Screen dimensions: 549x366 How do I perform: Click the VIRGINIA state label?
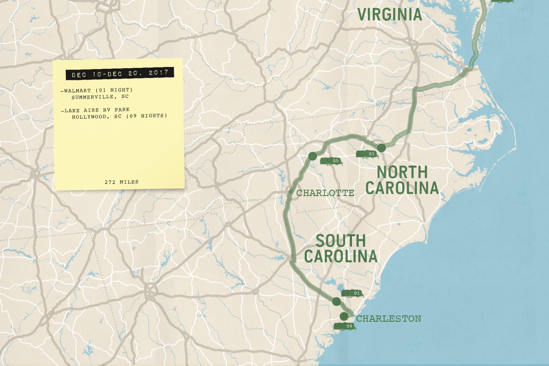pos(389,15)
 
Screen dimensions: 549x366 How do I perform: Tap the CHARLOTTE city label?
pos(325,193)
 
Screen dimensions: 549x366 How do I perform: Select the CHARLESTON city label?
pos(389,319)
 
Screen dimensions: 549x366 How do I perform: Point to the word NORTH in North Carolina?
pos(402,172)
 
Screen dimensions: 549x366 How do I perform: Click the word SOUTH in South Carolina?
pos(341,241)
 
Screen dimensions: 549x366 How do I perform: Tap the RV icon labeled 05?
pos(331,161)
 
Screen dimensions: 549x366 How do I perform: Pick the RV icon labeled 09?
pos(344,326)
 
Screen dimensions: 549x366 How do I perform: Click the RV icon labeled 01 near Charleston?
pos(352,293)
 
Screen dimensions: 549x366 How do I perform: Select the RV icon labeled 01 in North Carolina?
pos(367,154)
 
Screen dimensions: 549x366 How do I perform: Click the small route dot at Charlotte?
pos(291,192)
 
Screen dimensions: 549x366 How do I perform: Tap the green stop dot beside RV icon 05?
pos(313,156)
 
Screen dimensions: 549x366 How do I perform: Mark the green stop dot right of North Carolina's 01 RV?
pos(381,148)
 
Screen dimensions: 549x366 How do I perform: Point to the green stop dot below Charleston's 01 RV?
pos(336,302)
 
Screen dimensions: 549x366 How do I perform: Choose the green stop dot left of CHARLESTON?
pos(344,316)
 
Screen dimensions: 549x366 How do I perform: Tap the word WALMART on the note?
pos(77,91)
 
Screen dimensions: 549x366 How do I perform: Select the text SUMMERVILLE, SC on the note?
pos(100,97)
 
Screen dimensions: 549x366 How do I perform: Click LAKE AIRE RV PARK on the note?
pos(97,110)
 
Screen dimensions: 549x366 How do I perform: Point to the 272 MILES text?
pos(121,182)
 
